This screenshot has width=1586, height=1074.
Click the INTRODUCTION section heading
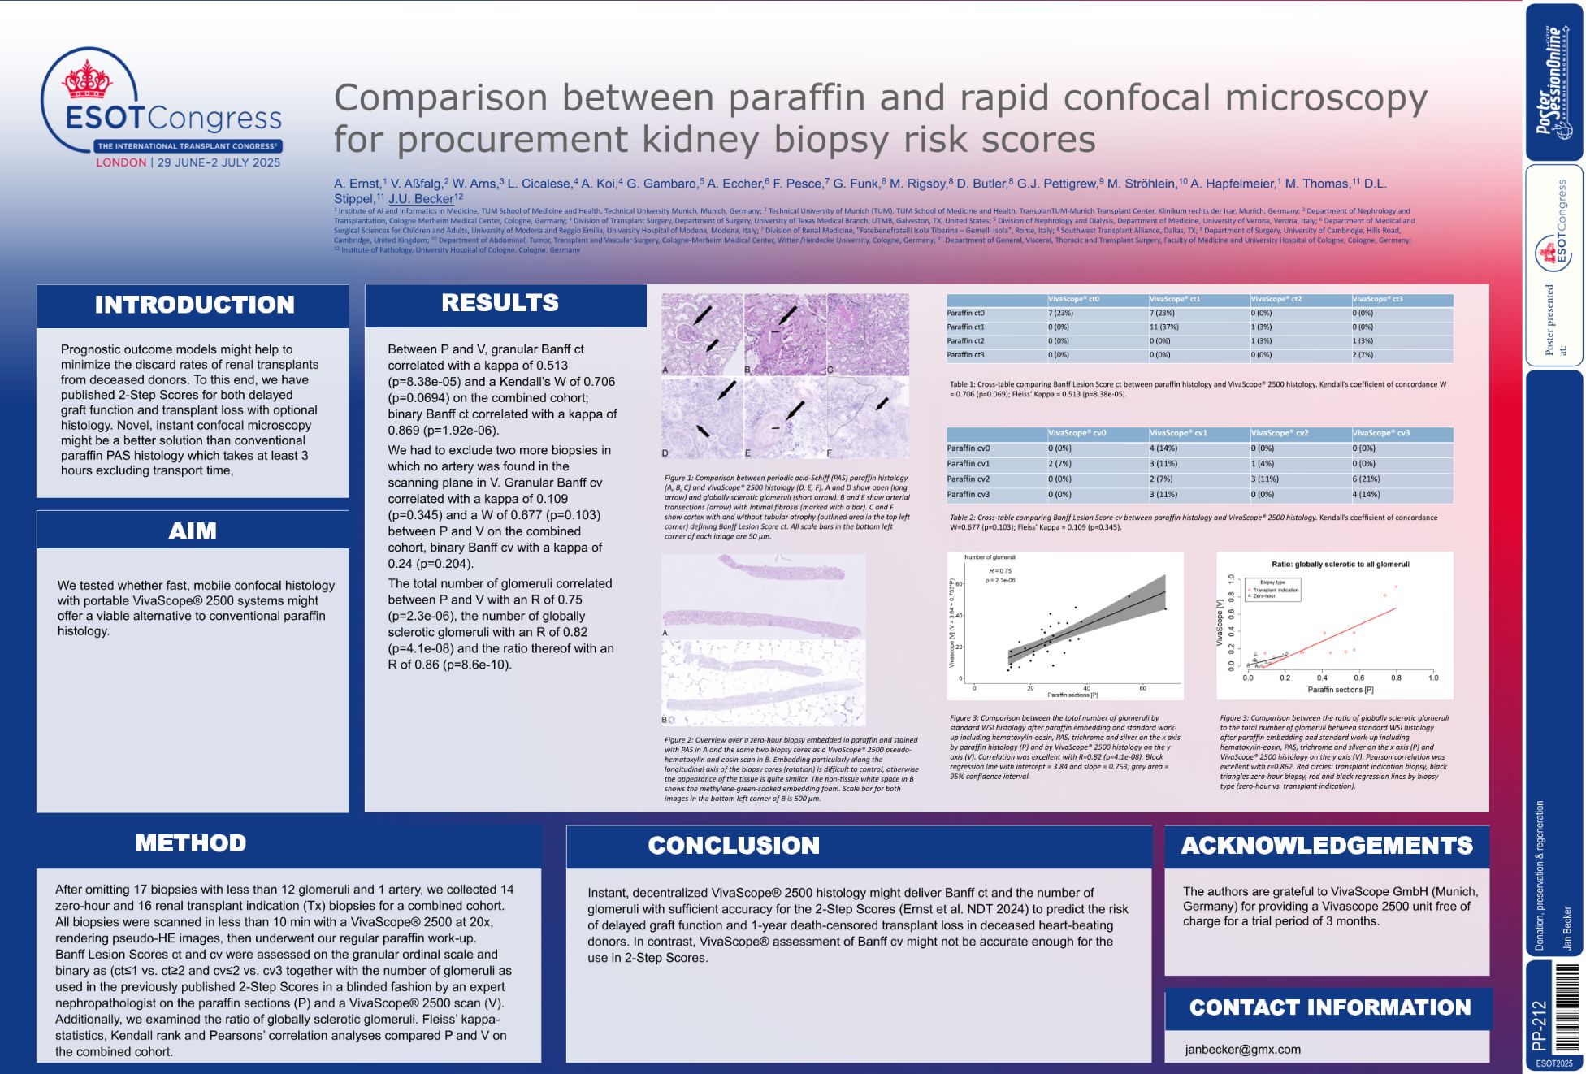pos(194,305)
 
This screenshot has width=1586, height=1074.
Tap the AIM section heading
pos(193,531)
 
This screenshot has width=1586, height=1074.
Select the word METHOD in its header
pos(191,843)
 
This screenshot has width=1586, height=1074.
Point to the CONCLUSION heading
pos(734,846)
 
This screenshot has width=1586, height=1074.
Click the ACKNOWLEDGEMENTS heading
pos(1327,846)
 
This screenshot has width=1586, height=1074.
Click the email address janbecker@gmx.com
pos(1242,1050)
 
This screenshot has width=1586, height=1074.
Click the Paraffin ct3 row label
pos(966,355)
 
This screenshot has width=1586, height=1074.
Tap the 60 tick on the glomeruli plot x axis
pos(1142,689)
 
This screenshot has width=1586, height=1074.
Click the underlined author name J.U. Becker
pos(421,198)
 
